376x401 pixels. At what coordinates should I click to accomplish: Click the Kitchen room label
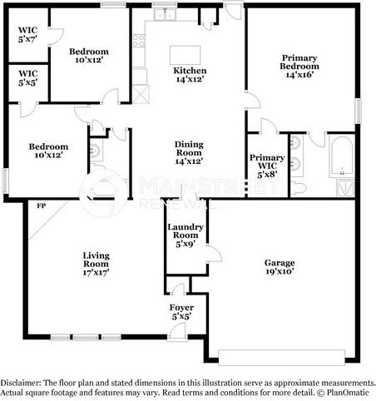[x=190, y=75]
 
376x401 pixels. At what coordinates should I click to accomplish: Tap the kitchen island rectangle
[x=185, y=55]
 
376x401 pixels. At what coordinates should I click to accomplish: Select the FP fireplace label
[x=42, y=205]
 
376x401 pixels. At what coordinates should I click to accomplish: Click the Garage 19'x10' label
[x=280, y=267]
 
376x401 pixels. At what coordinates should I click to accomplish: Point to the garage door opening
[x=281, y=358]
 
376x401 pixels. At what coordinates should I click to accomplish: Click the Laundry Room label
[x=186, y=235]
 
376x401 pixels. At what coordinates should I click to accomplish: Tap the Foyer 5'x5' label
[x=181, y=312]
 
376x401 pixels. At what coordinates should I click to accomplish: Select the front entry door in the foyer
[x=177, y=330]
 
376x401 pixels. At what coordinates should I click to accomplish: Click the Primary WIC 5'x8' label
[x=267, y=166]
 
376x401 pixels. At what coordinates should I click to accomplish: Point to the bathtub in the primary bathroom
[x=342, y=156]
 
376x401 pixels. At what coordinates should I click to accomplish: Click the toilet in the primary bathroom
[x=299, y=188]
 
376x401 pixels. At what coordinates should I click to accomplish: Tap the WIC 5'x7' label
[x=27, y=34]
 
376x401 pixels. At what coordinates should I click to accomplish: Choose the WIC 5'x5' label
[x=28, y=78]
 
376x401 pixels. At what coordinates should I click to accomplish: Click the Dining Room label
[x=189, y=152]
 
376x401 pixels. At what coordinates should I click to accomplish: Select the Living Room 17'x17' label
[x=96, y=264]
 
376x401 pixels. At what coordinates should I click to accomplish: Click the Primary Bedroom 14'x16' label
[x=299, y=66]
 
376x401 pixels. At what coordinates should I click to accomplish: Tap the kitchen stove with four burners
[x=139, y=41]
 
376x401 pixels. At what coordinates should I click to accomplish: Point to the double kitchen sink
[x=166, y=14]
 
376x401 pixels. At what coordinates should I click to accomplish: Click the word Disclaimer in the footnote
[x=21, y=383]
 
